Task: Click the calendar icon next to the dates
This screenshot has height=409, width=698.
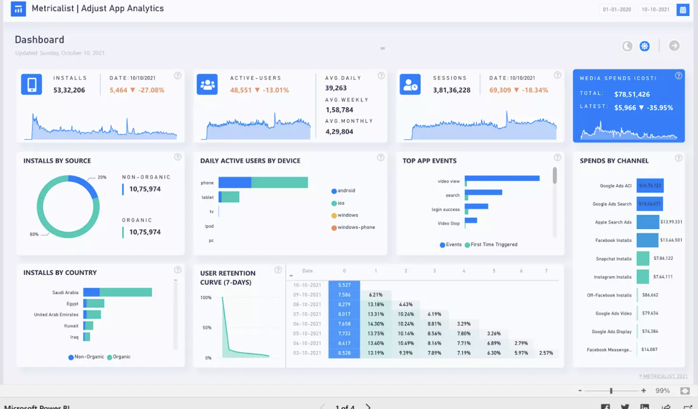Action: (683, 9)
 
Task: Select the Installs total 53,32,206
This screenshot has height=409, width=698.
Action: (69, 90)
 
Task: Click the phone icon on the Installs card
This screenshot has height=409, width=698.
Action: (31, 84)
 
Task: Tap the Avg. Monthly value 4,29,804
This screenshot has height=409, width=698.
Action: (339, 132)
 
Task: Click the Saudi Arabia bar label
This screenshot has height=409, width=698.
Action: (65, 292)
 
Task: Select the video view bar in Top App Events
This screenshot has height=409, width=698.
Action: (502, 178)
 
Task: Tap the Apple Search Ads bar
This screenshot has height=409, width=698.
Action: (647, 222)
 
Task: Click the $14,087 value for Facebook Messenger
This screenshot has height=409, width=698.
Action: (649, 350)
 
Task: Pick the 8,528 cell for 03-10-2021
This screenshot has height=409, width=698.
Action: (344, 353)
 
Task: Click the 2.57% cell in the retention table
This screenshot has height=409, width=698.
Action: (546, 353)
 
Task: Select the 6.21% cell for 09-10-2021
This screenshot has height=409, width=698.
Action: (375, 295)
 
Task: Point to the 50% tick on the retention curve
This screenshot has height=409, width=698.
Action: (207, 327)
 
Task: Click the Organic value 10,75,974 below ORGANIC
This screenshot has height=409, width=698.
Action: (145, 232)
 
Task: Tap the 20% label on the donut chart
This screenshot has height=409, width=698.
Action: (102, 178)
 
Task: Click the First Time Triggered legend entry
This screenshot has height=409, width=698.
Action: (494, 245)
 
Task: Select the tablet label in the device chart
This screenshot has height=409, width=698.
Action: (208, 197)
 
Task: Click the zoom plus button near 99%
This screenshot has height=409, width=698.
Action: (643, 390)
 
